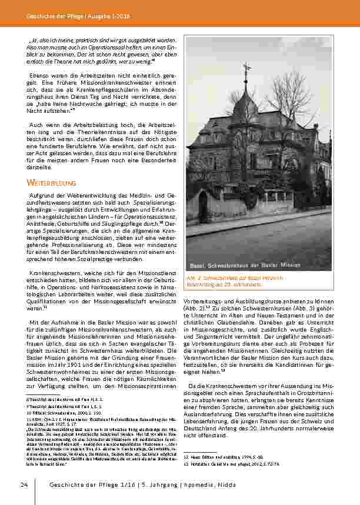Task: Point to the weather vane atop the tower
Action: pos(245,69)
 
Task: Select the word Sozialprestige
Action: pos(103,256)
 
